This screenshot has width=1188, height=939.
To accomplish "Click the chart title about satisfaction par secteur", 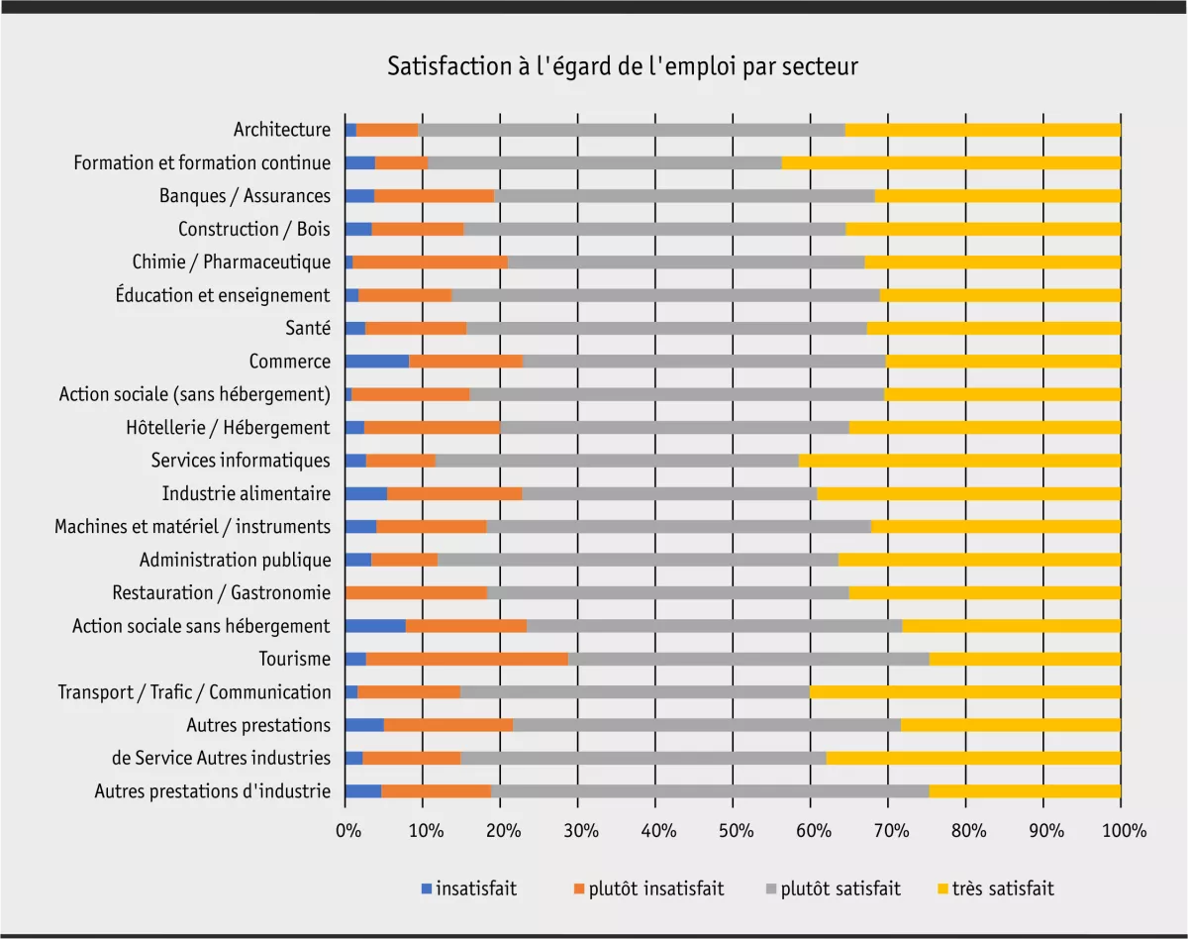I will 622,67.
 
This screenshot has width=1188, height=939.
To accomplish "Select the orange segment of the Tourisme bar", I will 467,659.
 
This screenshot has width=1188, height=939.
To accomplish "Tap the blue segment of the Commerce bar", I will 376,361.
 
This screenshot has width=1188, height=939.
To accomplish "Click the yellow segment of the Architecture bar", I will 982,130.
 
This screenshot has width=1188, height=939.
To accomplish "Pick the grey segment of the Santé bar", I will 665,328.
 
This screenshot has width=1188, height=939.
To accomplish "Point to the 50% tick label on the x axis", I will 733,830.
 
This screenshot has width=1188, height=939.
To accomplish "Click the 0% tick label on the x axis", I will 346,830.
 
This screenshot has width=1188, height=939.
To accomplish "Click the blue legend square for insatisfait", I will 427,888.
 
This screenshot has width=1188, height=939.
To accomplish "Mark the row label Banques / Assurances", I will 245,196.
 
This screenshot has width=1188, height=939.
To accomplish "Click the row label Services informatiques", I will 241,461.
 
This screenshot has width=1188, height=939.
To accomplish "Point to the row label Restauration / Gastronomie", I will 221,592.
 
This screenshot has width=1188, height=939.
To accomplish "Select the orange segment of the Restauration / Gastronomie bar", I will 416,592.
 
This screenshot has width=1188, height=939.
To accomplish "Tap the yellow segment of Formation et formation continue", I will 950,162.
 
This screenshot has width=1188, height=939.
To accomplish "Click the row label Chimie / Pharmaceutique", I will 231,262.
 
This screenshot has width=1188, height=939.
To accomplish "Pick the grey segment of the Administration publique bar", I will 638,560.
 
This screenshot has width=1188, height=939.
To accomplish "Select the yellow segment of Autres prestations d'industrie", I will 1025,791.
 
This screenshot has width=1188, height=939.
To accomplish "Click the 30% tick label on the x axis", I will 578,830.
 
